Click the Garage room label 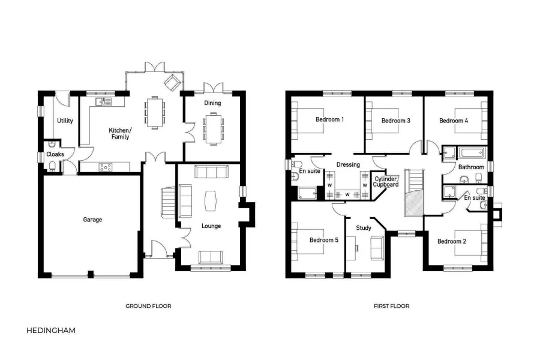(x=92, y=220)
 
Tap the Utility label (x=65, y=121)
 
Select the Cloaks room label (x=55, y=154)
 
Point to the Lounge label (x=211, y=226)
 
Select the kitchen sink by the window (x=103, y=103)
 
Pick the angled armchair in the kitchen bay (x=172, y=83)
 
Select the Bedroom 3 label (x=395, y=121)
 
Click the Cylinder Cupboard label (x=386, y=182)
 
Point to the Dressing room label (x=348, y=164)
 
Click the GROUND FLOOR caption (x=148, y=306)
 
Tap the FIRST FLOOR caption (x=391, y=306)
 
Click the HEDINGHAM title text (x=51, y=330)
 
